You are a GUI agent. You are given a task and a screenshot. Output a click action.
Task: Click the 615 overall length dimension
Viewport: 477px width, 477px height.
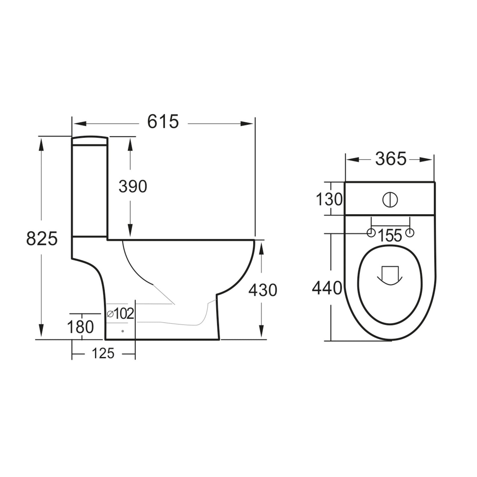(x=163, y=122)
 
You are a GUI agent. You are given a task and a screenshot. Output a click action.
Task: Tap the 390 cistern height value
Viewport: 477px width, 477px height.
(x=133, y=187)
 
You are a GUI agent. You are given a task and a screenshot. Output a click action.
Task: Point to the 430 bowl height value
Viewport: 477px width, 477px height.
(x=263, y=290)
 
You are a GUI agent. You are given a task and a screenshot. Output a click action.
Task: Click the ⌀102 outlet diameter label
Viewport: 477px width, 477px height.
(x=120, y=313)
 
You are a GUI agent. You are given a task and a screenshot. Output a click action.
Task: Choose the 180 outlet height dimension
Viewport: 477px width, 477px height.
(x=81, y=327)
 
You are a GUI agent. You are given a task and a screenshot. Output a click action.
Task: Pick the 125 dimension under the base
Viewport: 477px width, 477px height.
(x=103, y=354)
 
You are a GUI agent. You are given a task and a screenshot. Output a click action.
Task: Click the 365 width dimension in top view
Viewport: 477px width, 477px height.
(x=391, y=159)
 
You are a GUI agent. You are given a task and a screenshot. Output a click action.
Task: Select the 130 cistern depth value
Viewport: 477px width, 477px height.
(x=329, y=199)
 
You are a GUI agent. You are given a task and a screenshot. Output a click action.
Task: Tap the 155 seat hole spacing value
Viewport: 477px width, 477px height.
(x=390, y=236)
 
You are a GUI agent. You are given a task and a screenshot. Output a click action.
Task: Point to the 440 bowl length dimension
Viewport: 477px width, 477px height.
(x=327, y=288)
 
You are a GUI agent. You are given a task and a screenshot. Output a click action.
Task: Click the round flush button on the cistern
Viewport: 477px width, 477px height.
(x=390, y=199)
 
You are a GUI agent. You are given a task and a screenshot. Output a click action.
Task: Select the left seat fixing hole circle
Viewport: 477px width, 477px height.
(x=371, y=233)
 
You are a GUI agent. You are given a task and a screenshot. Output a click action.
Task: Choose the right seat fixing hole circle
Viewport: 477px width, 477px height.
(x=410, y=233)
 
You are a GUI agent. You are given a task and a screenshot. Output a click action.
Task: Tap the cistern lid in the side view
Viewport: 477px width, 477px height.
(x=89, y=141)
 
